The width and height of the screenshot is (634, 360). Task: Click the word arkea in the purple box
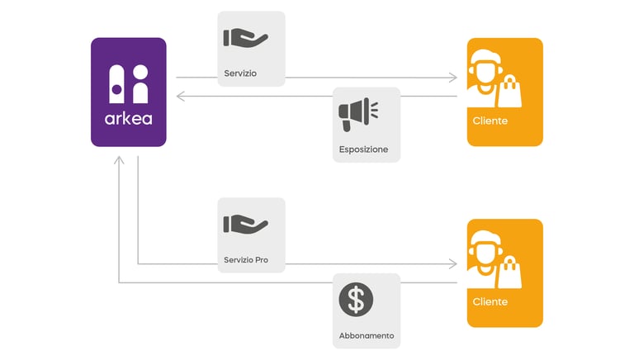(128, 117)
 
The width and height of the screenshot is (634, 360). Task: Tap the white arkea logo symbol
(128, 83)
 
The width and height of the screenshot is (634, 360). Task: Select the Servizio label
(240, 73)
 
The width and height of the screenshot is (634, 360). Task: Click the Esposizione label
(363, 149)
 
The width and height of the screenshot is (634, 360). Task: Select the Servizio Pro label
(245, 260)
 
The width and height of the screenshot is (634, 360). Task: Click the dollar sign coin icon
(356, 301)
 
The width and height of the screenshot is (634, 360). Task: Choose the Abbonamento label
(367, 336)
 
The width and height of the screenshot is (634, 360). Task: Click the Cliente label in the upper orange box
(490, 121)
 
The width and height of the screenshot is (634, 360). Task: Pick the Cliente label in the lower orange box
(490, 302)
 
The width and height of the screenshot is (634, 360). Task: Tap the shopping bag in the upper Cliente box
(510, 91)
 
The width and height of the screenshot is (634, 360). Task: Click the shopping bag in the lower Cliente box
(510, 272)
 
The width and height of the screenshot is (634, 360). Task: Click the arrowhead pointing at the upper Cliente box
(452, 78)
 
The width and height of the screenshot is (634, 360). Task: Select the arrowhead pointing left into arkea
(181, 97)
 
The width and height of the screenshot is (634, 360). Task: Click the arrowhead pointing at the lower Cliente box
(452, 264)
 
